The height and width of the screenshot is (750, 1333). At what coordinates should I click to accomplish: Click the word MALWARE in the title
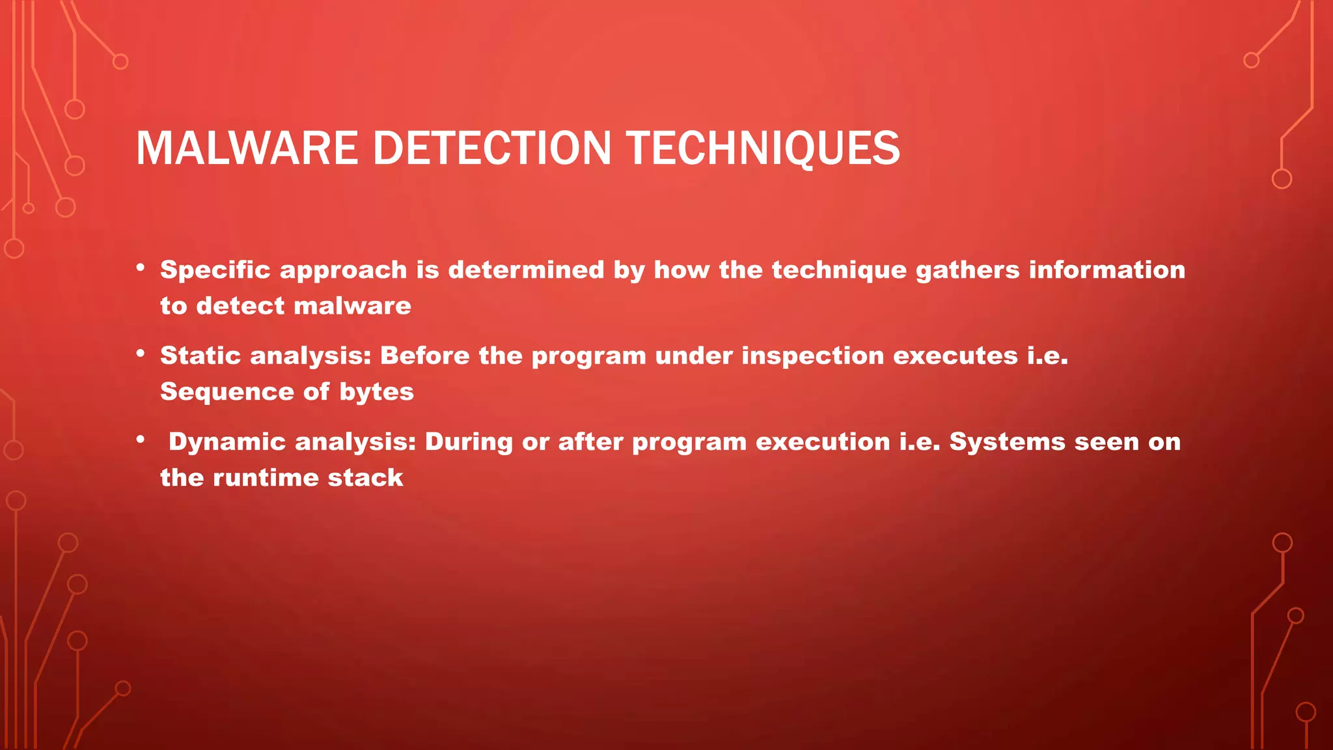coord(247,148)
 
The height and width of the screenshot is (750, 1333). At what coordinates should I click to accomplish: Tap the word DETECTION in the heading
coord(491,148)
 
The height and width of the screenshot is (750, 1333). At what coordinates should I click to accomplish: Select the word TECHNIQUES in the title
coord(763,148)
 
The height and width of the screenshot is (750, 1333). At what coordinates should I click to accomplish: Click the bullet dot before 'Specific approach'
coord(141,268)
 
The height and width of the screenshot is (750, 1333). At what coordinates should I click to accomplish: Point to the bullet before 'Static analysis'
coord(141,354)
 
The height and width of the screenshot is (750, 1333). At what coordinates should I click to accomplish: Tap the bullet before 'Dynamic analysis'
coord(141,439)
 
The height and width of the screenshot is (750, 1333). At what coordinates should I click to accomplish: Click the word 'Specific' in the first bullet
coord(215,270)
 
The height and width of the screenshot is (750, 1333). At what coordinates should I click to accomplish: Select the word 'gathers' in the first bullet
coord(967,270)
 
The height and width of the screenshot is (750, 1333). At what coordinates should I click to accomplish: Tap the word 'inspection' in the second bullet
coord(812,356)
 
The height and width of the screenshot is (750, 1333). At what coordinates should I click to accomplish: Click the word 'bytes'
coord(376,392)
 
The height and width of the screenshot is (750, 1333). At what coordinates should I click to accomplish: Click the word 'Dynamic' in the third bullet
coord(227,442)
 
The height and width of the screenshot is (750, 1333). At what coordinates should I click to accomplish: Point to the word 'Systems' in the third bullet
coord(1007,442)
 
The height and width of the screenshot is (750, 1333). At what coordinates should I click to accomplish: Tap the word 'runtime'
coord(266,478)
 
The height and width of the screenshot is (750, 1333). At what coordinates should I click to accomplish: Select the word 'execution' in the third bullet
coord(823,442)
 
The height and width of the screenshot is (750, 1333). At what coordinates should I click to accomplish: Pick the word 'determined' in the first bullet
coord(526,270)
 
